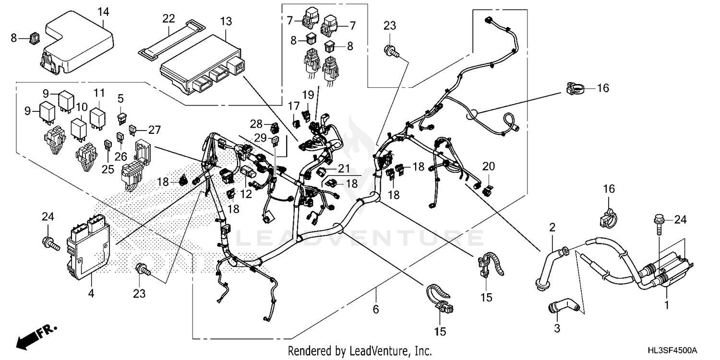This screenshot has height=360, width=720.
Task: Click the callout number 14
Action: click(103, 11)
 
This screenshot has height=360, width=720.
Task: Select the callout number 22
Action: click(168, 19)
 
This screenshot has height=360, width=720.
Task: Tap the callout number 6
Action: click(376, 310)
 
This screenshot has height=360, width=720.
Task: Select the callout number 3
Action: click(557, 329)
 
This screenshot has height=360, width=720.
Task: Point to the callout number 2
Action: click(552, 227)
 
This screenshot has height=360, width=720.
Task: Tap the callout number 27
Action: click(154, 129)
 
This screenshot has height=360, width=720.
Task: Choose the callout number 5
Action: click(120, 98)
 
